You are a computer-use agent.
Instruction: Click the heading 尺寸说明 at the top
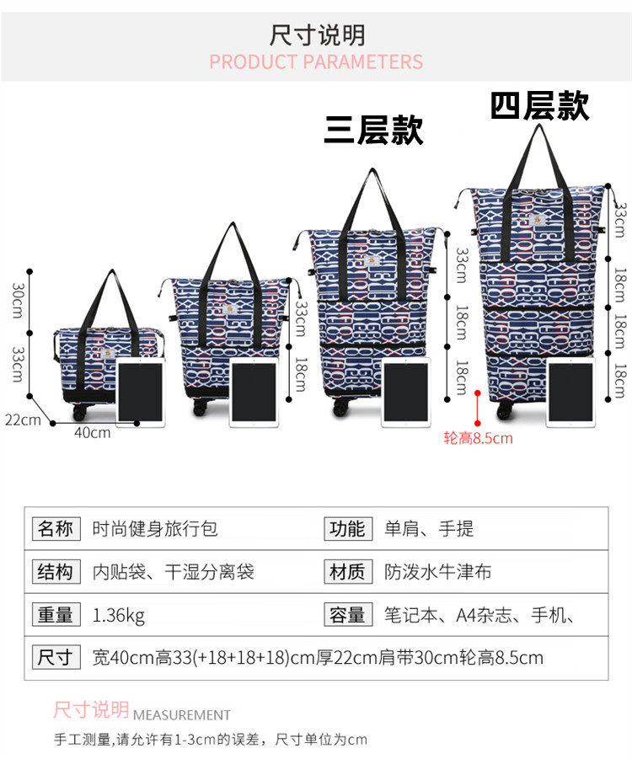coord(317,35)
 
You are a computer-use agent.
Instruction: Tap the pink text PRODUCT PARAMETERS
coord(316,62)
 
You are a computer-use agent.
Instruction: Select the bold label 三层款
coord(373,131)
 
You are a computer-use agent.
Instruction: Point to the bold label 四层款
coord(539,107)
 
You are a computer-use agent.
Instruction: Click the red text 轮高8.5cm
coord(478,438)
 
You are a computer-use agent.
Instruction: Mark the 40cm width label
coord(93,432)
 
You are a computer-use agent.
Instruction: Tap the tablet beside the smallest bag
coord(140,392)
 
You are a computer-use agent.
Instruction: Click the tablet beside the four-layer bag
coord(570,392)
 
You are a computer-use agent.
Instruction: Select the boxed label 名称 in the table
coord(56,529)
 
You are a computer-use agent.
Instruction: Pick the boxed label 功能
coord(347,529)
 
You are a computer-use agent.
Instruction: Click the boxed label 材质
coord(347,572)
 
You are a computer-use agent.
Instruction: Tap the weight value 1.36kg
coord(119,615)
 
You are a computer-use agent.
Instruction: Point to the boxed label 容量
coord(347,615)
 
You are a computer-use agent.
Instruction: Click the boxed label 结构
coord(56,572)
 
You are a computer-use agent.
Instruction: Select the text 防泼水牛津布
coord(437,572)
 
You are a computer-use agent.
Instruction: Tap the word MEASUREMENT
coord(182,714)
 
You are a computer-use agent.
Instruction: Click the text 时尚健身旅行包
coord(154,529)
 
